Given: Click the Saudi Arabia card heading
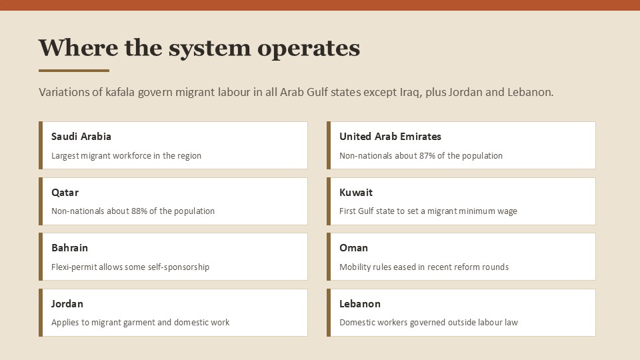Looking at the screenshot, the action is (x=81, y=136).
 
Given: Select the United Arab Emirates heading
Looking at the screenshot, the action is (x=390, y=136).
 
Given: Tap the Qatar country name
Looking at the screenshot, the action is (x=65, y=193).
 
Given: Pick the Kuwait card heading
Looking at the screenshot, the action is (x=356, y=192).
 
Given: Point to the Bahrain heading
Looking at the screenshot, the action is (x=69, y=248).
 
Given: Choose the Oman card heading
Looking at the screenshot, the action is (x=353, y=248).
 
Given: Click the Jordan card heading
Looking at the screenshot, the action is (x=67, y=304).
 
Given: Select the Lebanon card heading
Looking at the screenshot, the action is (x=360, y=304).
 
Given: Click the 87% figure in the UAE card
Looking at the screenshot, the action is (x=427, y=155).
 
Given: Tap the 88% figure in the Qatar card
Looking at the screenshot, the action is (x=139, y=211).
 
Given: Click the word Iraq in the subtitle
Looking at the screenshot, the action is (x=411, y=92).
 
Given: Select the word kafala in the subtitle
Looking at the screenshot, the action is (x=120, y=92).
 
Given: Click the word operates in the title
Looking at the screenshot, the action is (x=309, y=49).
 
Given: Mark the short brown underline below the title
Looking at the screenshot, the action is (x=74, y=71).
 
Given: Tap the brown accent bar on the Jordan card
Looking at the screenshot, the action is (x=41, y=313).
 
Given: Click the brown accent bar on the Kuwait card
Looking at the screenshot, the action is (x=329, y=201).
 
